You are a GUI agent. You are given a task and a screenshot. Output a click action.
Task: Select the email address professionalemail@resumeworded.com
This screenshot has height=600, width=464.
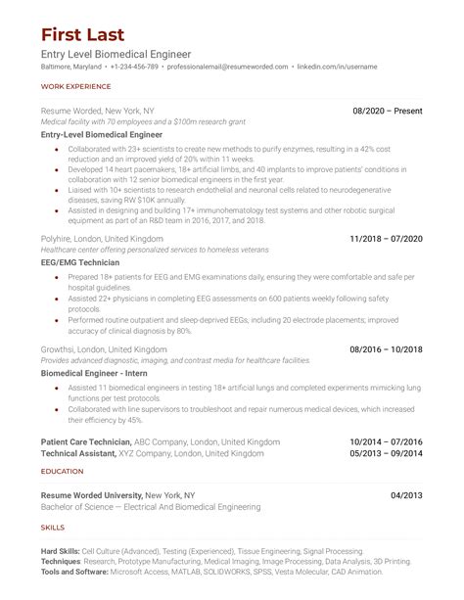(x=228, y=67)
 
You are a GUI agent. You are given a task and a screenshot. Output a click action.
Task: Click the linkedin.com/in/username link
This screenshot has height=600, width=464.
(x=338, y=67)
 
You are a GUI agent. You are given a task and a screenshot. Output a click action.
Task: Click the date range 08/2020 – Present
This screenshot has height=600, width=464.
(x=388, y=112)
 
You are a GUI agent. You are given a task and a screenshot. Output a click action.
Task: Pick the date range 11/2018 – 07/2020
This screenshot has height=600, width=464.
(x=387, y=238)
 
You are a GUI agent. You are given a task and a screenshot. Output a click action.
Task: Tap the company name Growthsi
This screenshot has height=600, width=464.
(x=61, y=348)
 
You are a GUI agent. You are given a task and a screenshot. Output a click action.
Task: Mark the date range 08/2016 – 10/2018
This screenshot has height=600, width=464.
(x=387, y=348)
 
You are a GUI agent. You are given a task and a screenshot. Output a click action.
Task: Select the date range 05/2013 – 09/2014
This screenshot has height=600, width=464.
(x=387, y=454)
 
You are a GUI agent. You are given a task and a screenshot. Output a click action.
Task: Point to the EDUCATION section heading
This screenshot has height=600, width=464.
(x=62, y=471)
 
